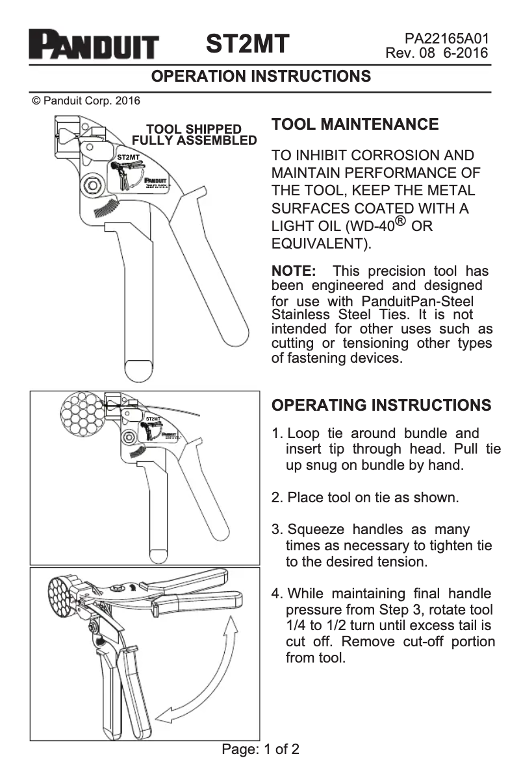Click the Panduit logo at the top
pyautogui.click(x=94, y=46)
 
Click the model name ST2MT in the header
pyautogui.click(x=248, y=44)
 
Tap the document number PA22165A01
pyautogui.click(x=446, y=39)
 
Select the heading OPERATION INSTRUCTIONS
pyautogui.click(x=261, y=77)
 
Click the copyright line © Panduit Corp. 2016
pyautogui.click(x=86, y=101)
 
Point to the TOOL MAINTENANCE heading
pyautogui.click(x=355, y=125)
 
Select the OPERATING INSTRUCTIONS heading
pyautogui.click(x=381, y=405)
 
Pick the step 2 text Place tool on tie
pyautogui.click(x=354, y=498)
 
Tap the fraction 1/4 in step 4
pyautogui.click(x=297, y=626)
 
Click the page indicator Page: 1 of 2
pyautogui.click(x=260, y=750)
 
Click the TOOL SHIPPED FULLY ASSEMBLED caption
pyautogui.click(x=194, y=135)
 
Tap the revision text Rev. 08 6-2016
pyautogui.click(x=437, y=53)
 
